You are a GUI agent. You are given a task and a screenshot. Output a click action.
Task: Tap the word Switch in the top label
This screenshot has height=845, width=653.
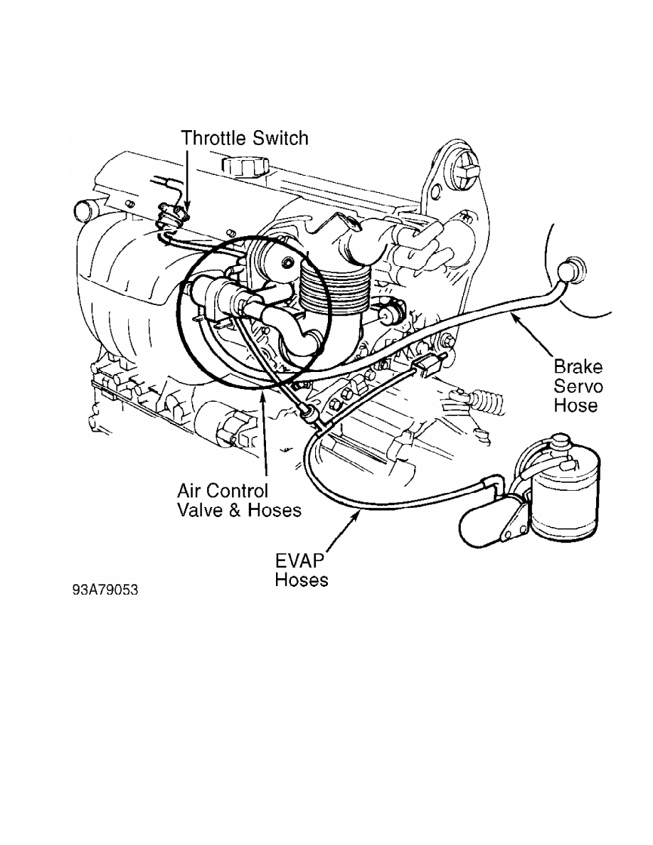pyautogui.click(x=281, y=138)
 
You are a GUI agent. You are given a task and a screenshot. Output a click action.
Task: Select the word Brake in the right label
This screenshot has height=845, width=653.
pyautogui.click(x=578, y=367)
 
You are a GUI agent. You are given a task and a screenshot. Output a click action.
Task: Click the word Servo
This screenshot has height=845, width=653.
pyautogui.click(x=578, y=386)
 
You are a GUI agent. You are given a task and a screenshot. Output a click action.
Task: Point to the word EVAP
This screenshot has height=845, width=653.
pyautogui.click(x=300, y=561)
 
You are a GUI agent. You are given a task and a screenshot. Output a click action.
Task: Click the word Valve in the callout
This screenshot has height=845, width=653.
pyautogui.click(x=200, y=510)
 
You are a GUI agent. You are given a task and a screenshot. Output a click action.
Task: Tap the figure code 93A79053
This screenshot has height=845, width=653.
pyautogui.click(x=105, y=590)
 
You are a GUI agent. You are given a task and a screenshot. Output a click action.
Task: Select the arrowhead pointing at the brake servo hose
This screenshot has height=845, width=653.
pyautogui.click(x=516, y=319)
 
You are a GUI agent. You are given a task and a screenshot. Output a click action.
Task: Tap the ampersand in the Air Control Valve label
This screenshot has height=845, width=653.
pyautogui.click(x=235, y=510)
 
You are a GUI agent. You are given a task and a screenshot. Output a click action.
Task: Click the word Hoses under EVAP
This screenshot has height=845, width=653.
pyautogui.click(x=301, y=580)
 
